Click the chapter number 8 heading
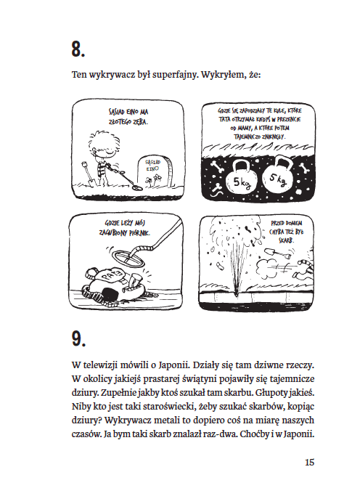(x=78, y=49)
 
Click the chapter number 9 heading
(x=78, y=339)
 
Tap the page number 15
(x=309, y=462)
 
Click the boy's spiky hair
(x=99, y=141)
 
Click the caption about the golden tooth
(x=128, y=117)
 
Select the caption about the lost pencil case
(x=125, y=228)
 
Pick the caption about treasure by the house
(x=287, y=232)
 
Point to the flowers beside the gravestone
(x=153, y=181)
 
